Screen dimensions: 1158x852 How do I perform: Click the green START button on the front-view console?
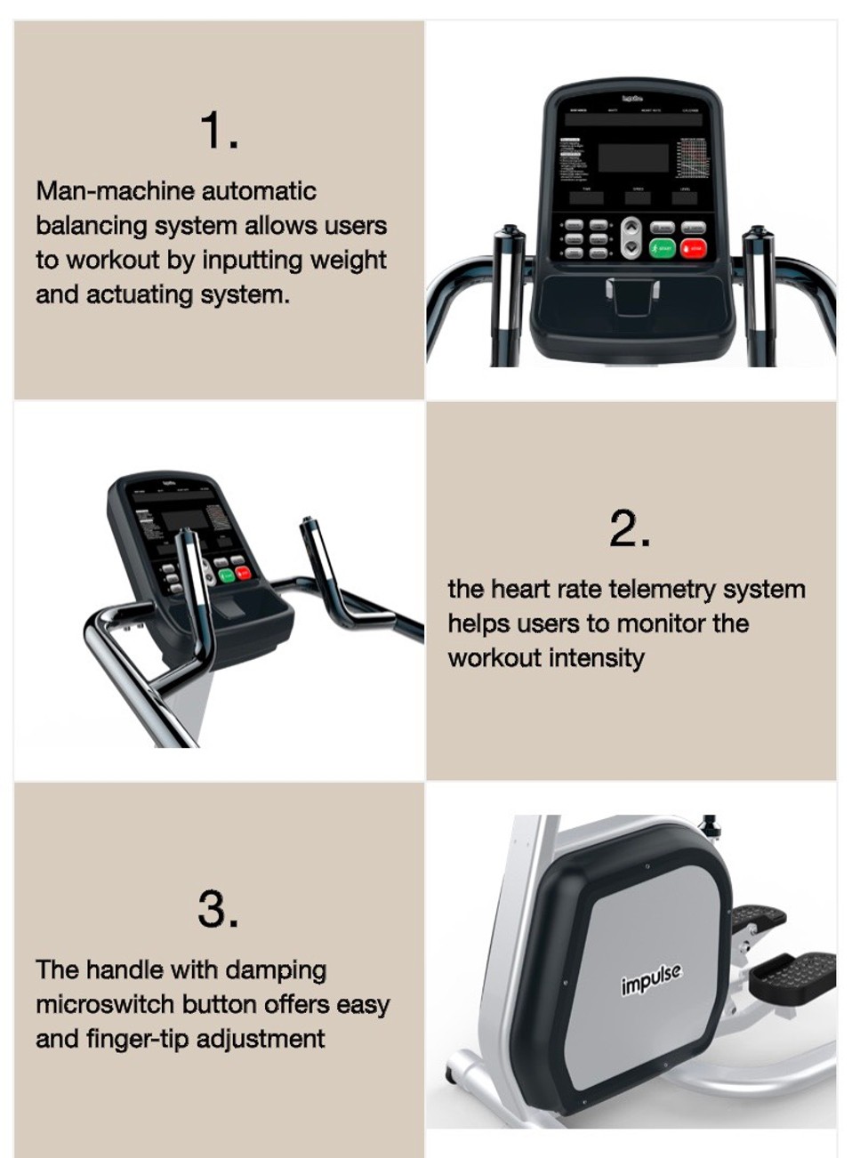click(x=662, y=249)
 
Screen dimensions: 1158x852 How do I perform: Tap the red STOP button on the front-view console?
click(x=693, y=249)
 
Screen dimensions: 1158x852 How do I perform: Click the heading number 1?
click(x=219, y=130)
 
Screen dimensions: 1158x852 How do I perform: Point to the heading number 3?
click(x=218, y=909)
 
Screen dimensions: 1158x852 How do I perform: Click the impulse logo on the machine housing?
click(x=652, y=979)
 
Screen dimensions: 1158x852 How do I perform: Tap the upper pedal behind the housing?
click(x=759, y=918)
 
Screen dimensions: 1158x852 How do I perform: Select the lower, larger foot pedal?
click(x=792, y=976)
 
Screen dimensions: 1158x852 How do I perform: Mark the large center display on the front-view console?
click(x=633, y=157)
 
